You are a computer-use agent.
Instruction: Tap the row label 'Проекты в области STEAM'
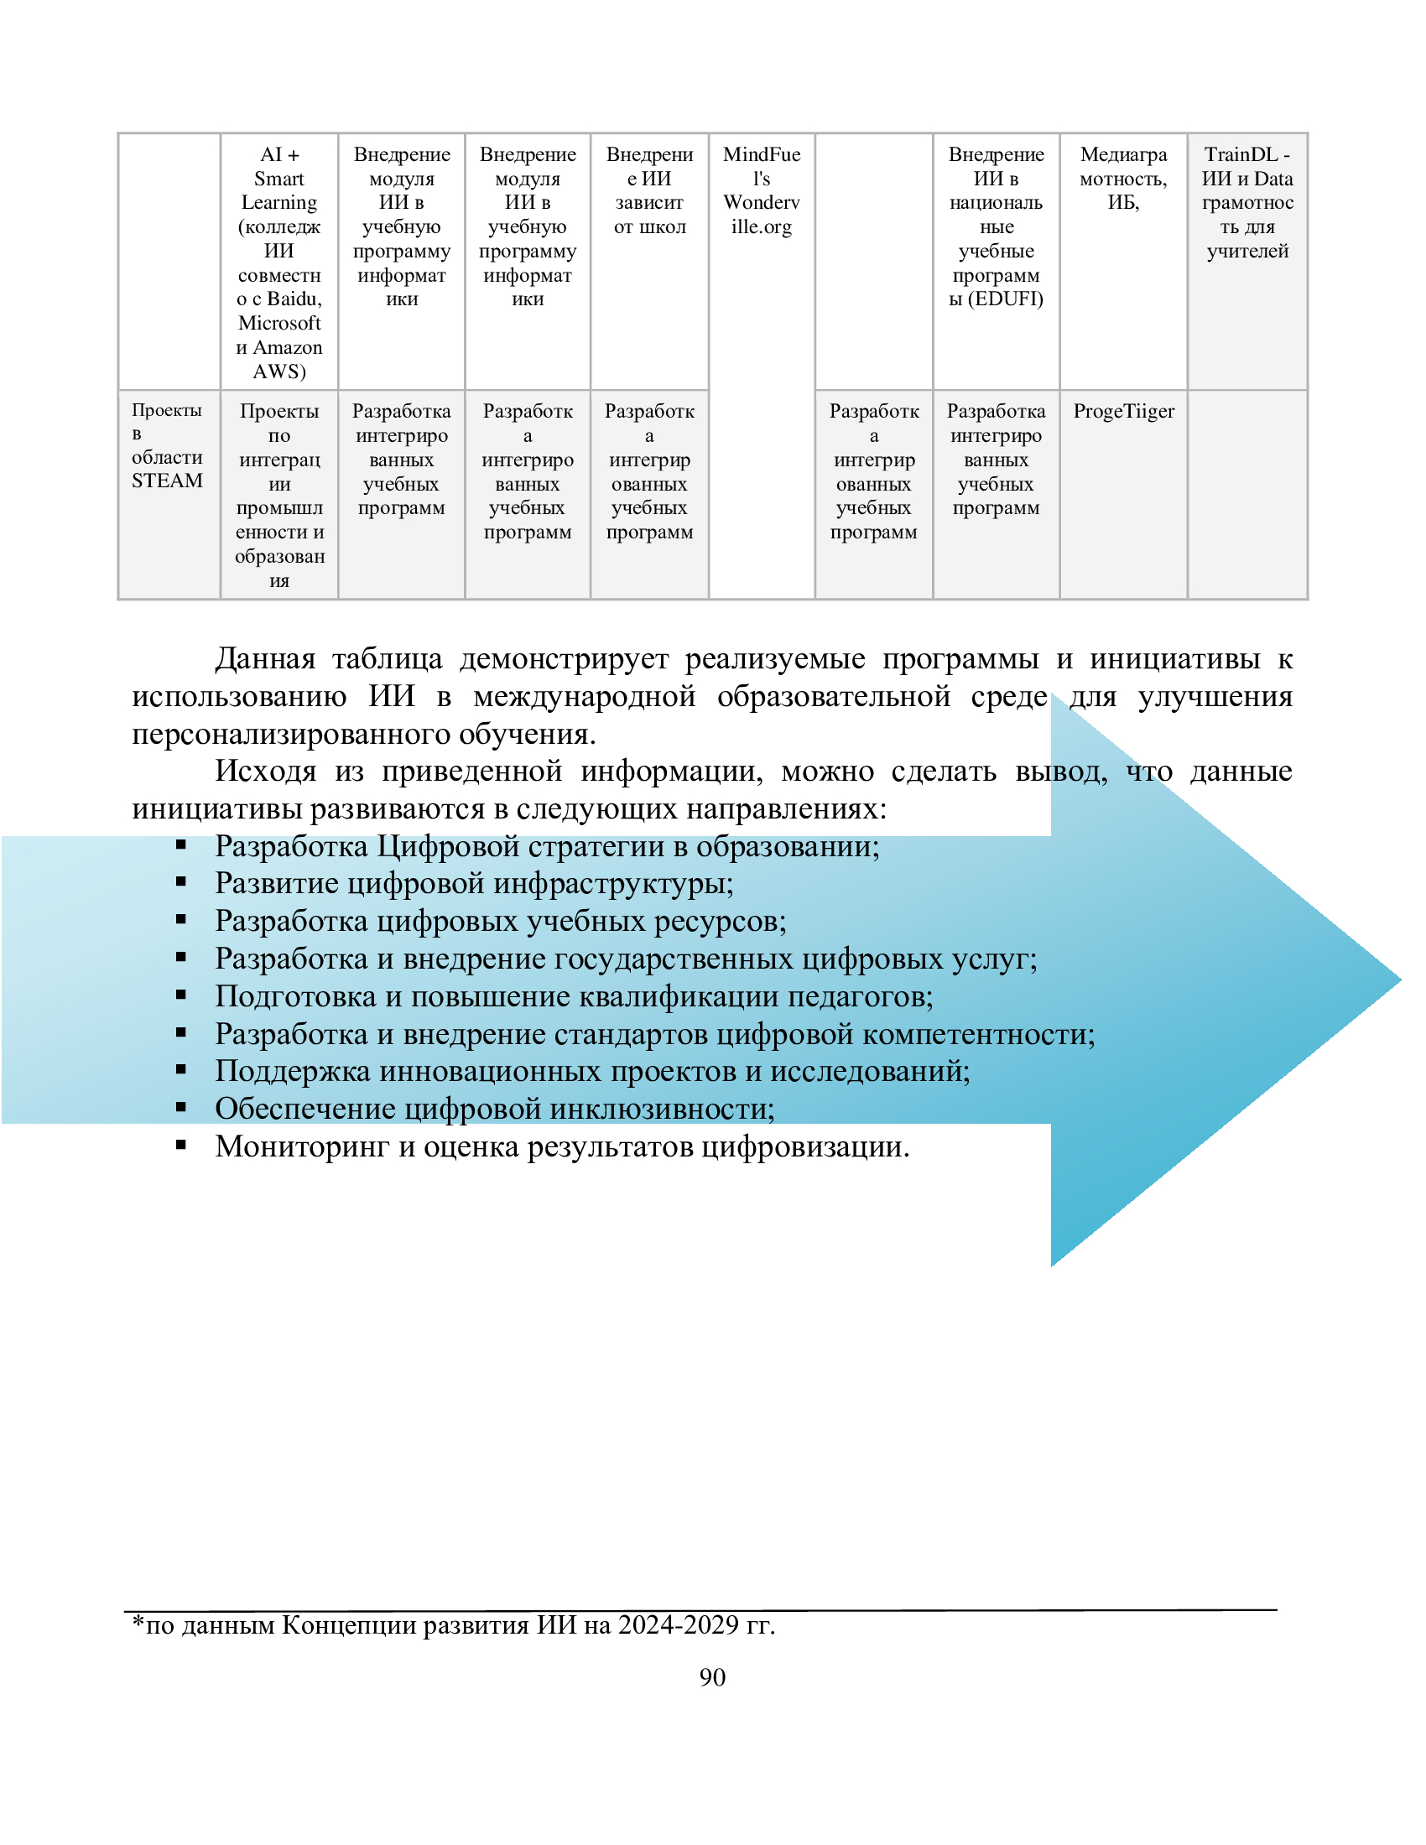click(x=167, y=445)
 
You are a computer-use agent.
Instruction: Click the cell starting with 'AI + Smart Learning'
click(x=278, y=262)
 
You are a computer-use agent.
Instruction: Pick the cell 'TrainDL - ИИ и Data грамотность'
click(x=1246, y=202)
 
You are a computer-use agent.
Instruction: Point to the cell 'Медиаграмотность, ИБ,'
click(x=1122, y=179)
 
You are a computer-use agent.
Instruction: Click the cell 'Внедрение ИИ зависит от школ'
click(x=648, y=190)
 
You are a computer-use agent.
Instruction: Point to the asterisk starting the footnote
click(x=138, y=1622)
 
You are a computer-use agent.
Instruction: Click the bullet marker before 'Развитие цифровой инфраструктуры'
click(x=181, y=882)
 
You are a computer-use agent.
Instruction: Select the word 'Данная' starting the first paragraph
click(x=264, y=658)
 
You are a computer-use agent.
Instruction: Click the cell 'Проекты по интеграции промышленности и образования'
click(x=278, y=495)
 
